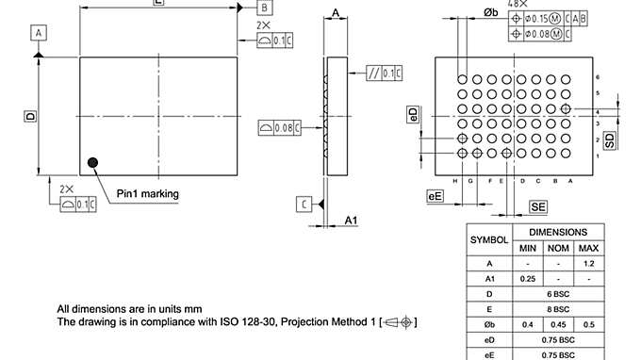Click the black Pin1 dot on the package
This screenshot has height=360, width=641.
[x=92, y=163]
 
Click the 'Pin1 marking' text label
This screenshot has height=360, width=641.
[x=147, y=194]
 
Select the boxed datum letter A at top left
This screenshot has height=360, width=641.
[x=39, y=33]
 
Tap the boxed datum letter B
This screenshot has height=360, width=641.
[x=265, y=8]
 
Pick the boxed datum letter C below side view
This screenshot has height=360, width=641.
[x=304, y=204]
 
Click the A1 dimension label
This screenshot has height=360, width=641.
[x=351, y=221]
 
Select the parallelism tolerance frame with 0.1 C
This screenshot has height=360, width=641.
[x=386, y=73]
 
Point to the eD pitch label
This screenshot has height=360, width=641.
[x=413, y=114]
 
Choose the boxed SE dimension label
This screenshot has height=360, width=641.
[x=538, y=205]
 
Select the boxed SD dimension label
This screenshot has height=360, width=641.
[x=610, y=140]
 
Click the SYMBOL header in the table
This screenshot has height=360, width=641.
[x=488, y=239]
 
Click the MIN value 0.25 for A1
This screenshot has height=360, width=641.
[x=528, y=279]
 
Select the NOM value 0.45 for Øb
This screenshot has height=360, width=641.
[x=559, y=325]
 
